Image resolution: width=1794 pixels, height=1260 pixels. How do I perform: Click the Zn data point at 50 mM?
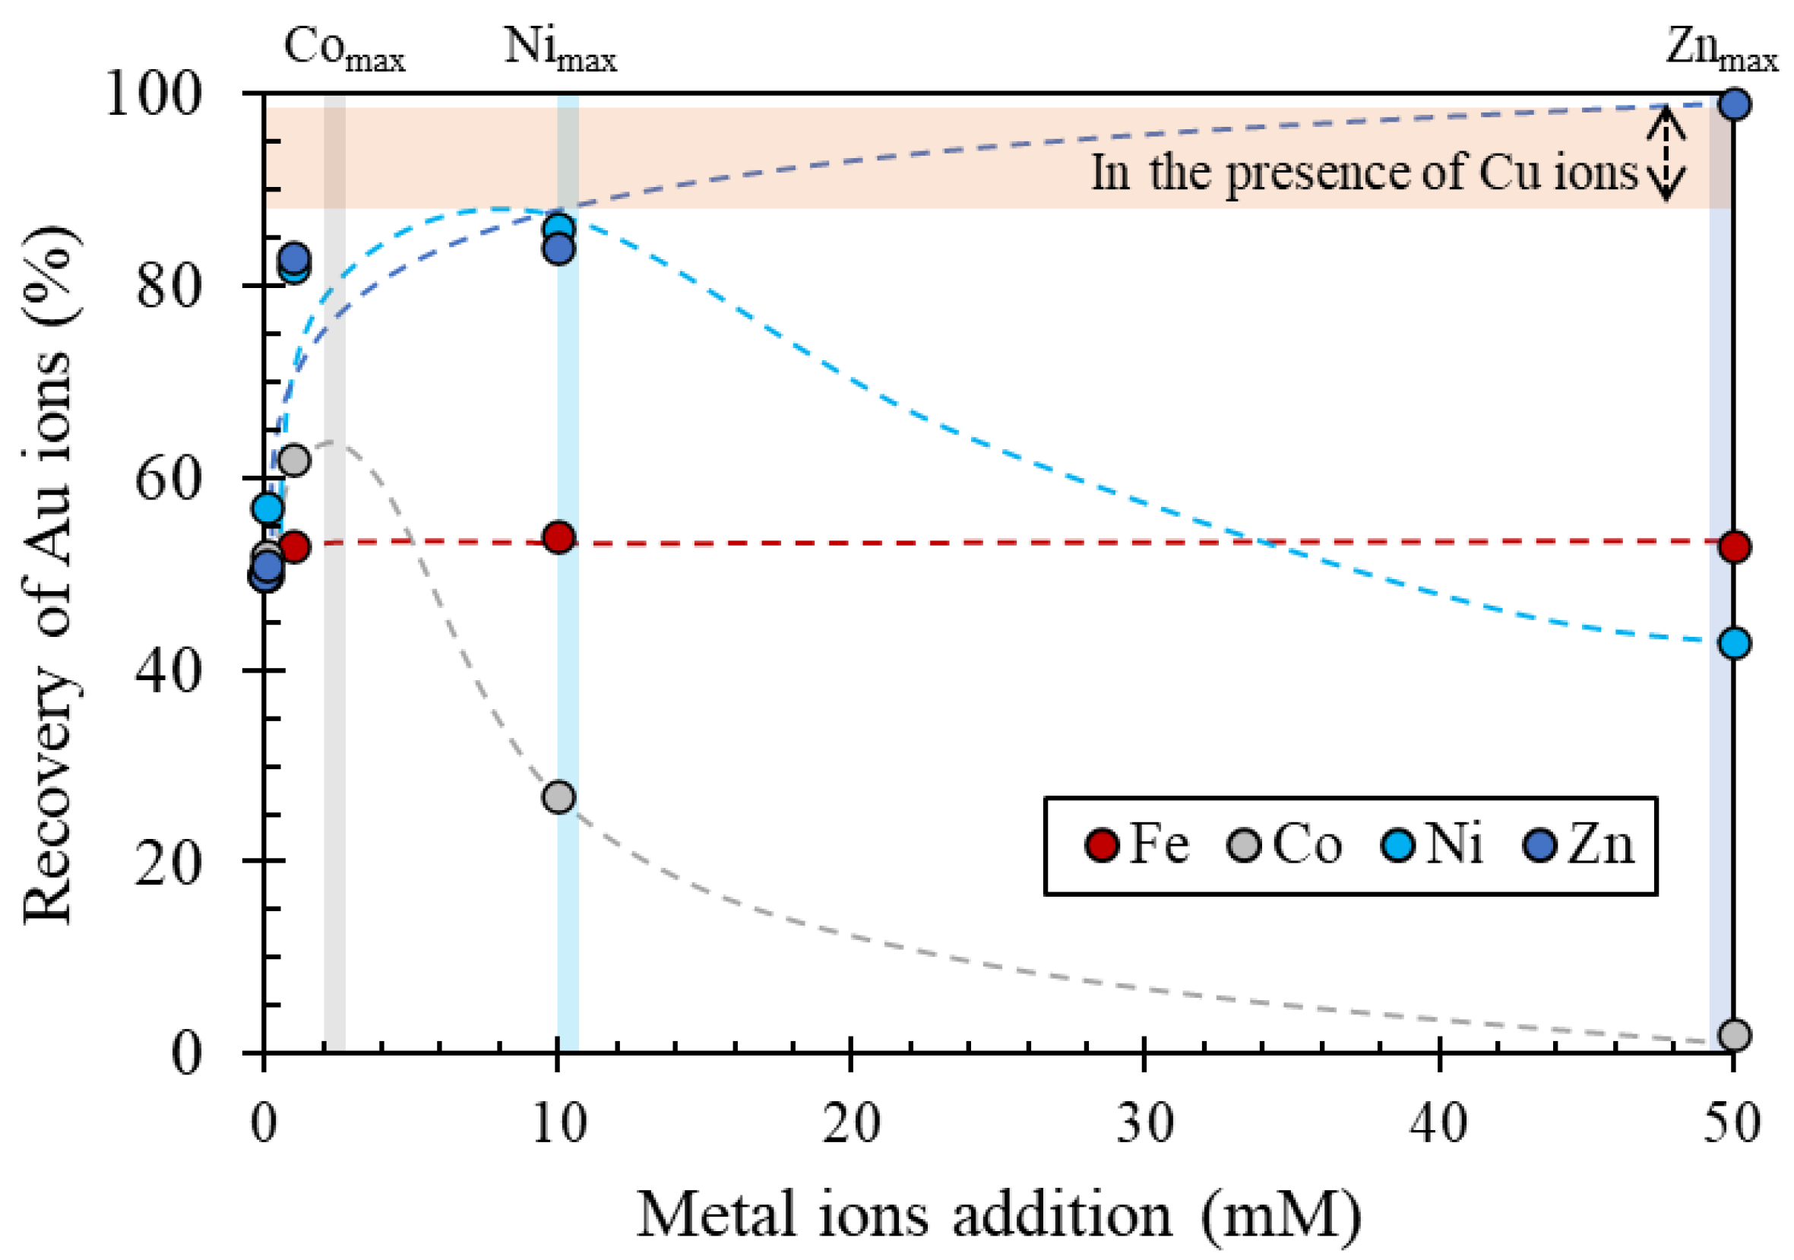1734,104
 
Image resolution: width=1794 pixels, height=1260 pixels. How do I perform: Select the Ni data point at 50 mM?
1734,643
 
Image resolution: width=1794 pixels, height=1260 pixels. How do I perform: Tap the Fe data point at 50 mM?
1734,547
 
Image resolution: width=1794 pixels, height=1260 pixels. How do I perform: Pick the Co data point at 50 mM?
1734,1035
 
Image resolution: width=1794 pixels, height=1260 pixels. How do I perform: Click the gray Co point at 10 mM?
558,797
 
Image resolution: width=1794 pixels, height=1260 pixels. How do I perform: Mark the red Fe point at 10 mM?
558,538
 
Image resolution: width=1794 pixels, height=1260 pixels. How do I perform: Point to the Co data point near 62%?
294,461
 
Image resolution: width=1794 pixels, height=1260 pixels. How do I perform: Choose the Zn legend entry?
1578,845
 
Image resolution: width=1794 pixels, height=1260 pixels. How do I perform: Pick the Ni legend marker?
1398,846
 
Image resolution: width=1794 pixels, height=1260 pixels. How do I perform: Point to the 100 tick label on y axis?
153,94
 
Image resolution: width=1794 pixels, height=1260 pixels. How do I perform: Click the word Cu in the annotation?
1508,172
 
